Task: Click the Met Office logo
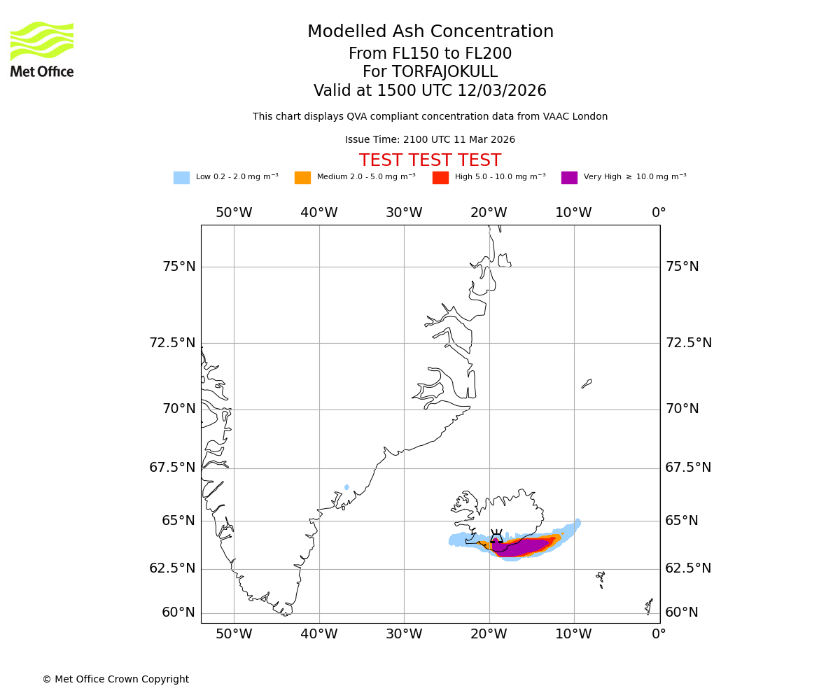(42, 49)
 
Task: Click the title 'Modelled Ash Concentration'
(430, 32)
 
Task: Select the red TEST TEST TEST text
(430, 160)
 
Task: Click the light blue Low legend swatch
(181, 178)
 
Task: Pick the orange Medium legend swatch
(302, 178)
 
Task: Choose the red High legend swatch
(440, 178)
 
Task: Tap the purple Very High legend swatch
(569, 178)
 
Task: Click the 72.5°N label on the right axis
(688, 343)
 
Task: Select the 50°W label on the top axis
(234, 213)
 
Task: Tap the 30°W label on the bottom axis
(404, 635)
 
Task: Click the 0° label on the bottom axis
(659, 635)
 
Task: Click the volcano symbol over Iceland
(496, 537)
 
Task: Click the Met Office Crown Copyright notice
(115, 680)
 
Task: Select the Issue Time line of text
(430, 140)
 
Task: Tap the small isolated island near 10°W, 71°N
(587, 384)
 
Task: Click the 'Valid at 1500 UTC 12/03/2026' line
(430, 91)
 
